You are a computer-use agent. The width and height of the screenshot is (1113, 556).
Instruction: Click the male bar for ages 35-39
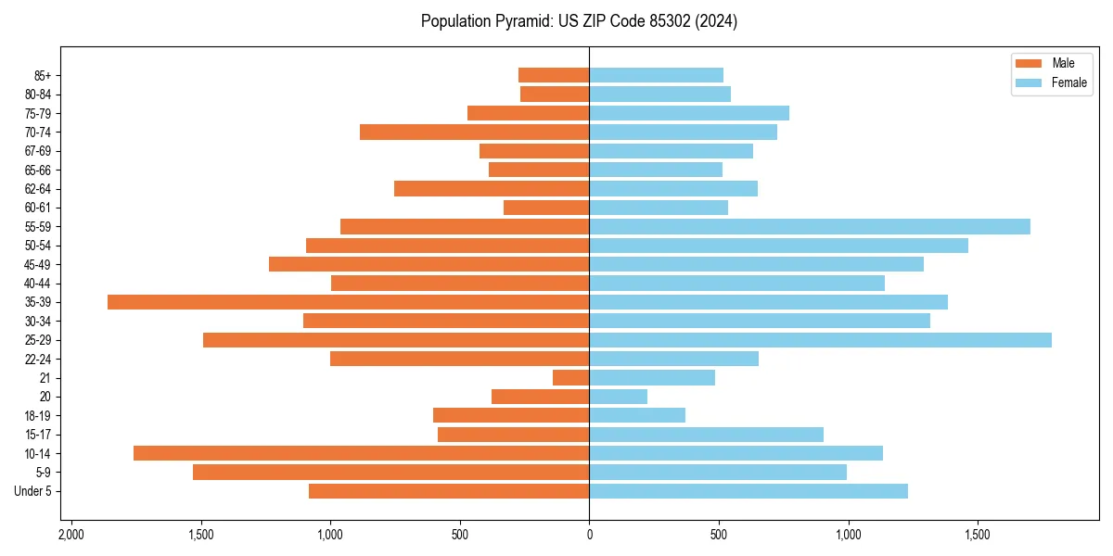[348, 302]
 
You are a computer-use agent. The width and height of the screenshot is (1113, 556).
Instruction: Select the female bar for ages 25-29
[820, 340]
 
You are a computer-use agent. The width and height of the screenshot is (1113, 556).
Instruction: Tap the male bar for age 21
[571, 377]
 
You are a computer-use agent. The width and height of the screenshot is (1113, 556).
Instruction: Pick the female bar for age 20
[618, 397]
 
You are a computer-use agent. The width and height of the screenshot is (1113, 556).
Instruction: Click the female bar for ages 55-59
[809, 226]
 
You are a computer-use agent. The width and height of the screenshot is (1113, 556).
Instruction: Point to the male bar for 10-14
[362, 453]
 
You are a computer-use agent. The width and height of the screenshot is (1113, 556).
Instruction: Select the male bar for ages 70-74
[474, 132]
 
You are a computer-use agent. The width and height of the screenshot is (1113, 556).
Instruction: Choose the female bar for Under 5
[748, 491]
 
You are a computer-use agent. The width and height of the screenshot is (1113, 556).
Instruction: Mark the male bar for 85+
[554, 75]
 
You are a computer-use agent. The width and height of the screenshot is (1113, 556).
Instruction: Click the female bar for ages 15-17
[706, 435]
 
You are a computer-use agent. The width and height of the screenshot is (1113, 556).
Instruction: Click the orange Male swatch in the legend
[1030, 63]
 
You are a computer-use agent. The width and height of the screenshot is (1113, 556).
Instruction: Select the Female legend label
[1069, 82]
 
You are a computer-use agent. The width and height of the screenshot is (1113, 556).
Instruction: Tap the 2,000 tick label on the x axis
[70, 536]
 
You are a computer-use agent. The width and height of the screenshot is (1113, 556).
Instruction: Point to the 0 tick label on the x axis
[589, 536]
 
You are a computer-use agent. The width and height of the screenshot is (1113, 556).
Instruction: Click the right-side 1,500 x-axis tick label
[978, 536]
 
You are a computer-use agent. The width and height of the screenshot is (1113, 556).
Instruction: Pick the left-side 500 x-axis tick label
[459, 536]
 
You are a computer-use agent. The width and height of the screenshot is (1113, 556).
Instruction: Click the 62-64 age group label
[39, 188]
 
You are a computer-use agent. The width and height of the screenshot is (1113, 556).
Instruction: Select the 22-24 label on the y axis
[39, 359]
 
